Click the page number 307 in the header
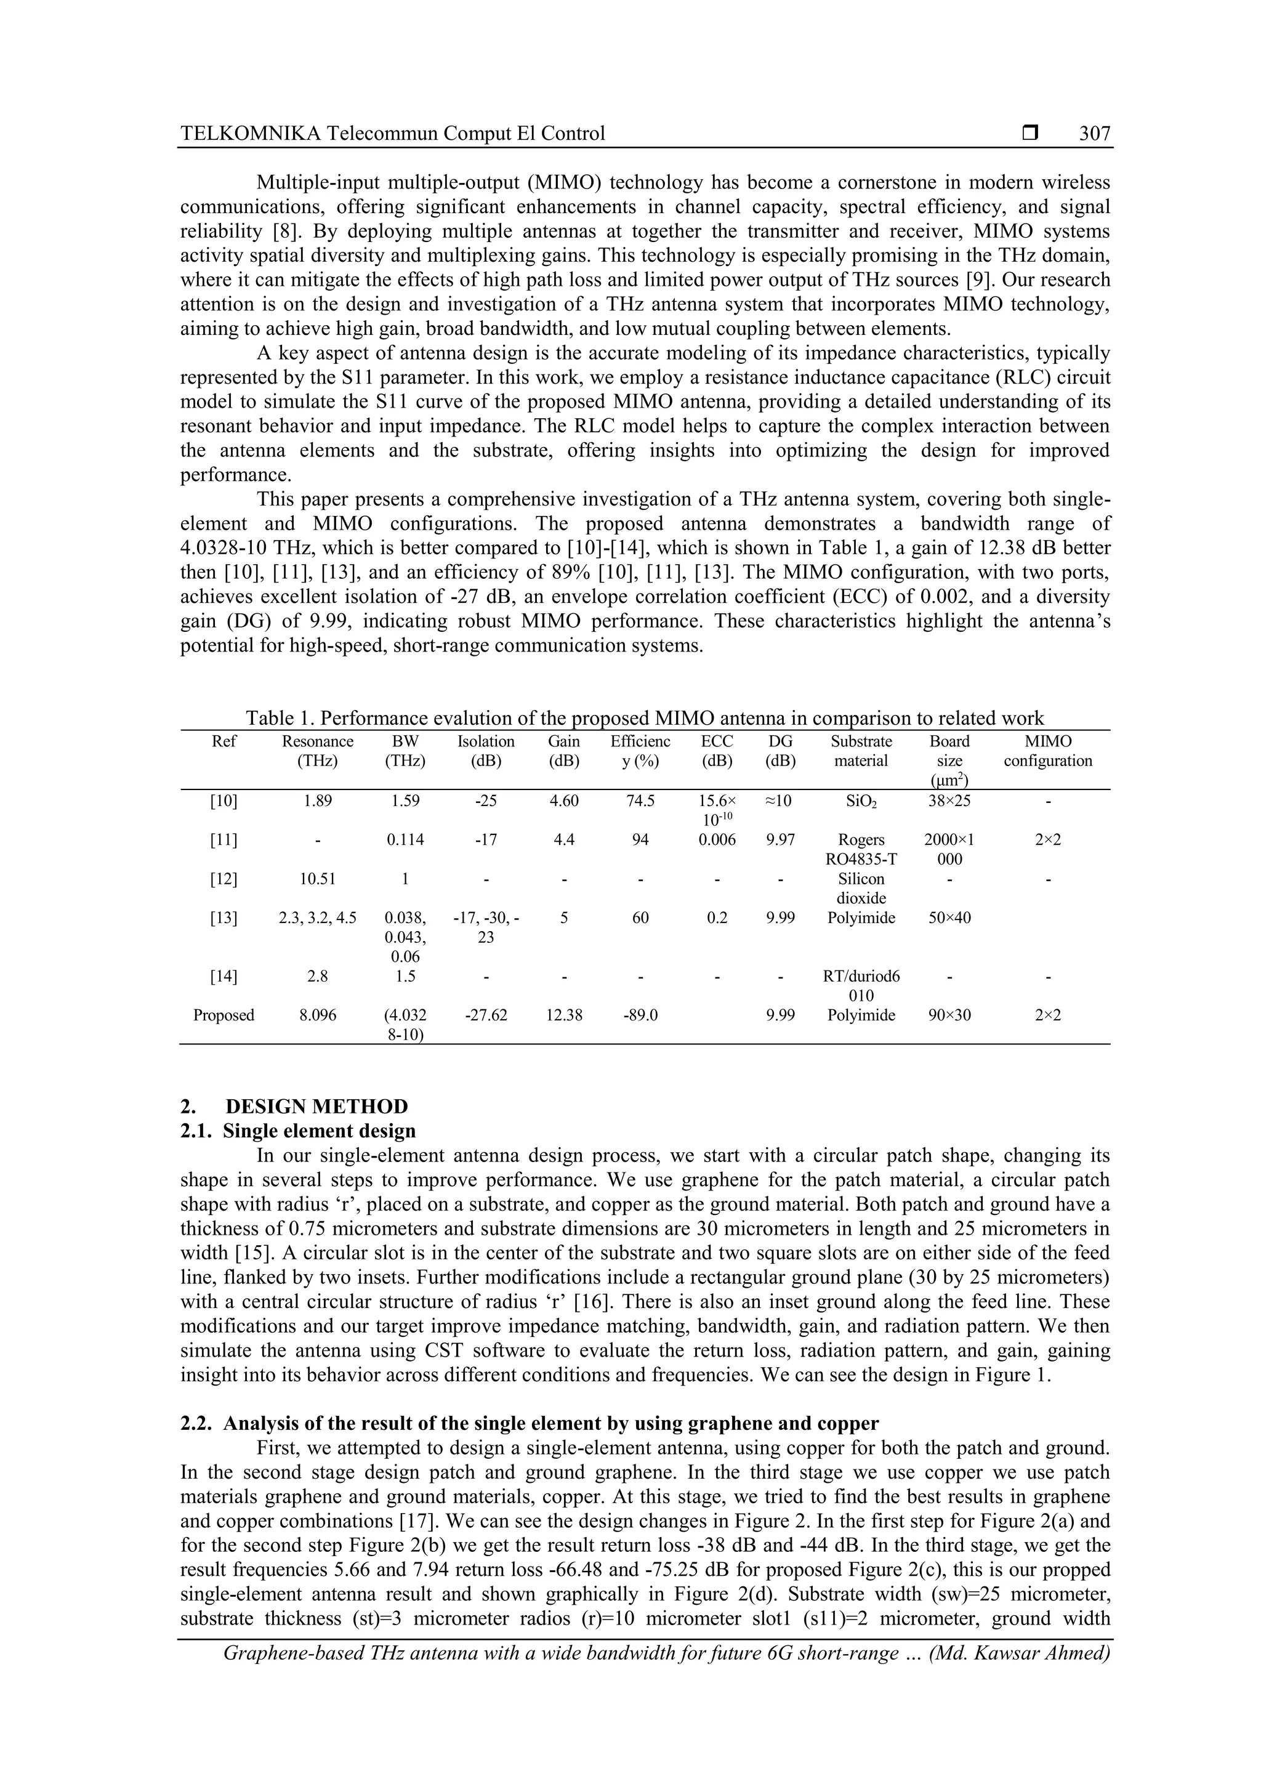(1094, 134)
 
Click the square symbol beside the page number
(1030, 133)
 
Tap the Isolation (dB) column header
(486, 751)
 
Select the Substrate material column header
(861, 751)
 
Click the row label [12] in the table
(224, 879)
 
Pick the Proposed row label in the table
(224, 1015)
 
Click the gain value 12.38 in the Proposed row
(564, 1015)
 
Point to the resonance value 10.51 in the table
(317, 879)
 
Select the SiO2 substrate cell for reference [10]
(861, 801)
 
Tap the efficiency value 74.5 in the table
(640, 801)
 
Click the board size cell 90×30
(949, 1015)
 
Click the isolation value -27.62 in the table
(486, 1015)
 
